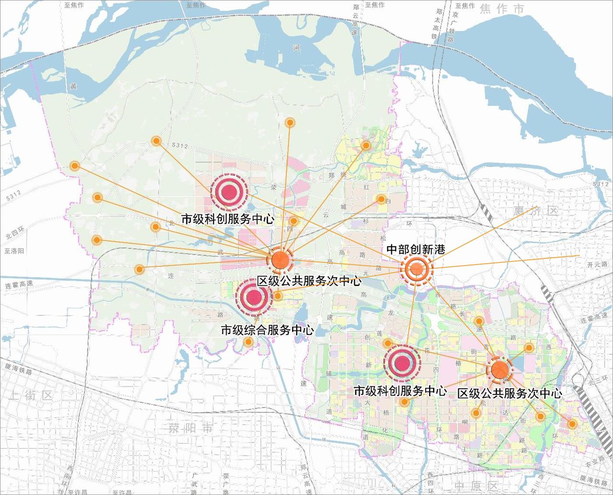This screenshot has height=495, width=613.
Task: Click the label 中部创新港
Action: click(416, 249)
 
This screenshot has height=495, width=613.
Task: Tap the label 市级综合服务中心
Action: click(267, 330)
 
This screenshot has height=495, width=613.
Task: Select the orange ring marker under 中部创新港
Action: click(416, 270)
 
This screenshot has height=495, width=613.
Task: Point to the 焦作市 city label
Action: click(502, 9)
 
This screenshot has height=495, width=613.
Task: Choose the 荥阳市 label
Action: click(190, 427)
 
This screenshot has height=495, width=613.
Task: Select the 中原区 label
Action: click(473, 487)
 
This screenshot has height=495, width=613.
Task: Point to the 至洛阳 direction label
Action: click(14, 251)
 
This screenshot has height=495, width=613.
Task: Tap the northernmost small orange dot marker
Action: click(290, 123)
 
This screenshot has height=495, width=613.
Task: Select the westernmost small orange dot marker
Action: click(74, 166)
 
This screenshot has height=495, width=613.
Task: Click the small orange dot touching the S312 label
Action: click(156, 141)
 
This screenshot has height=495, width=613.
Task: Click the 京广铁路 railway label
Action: click(453, 28)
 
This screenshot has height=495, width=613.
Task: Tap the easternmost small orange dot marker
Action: click(572, 424)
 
